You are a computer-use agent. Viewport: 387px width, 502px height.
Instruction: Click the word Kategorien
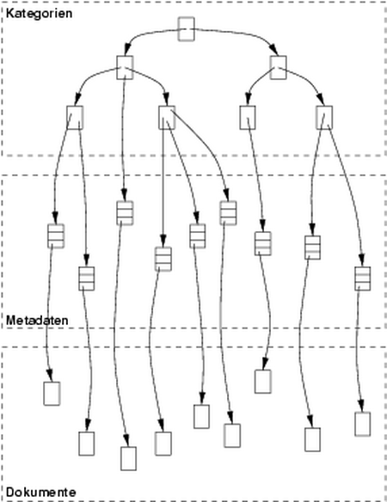coord(39,14)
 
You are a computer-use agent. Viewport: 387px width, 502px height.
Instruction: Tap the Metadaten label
coord(37,321)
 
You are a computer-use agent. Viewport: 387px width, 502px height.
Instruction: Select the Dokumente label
coord(41,492)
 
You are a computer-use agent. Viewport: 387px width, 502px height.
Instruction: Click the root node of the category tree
coord(186,29)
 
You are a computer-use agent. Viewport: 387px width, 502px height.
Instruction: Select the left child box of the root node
coord(125,68)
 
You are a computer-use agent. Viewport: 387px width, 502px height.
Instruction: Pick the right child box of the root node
coord(278,68)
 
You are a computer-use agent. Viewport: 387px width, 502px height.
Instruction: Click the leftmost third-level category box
coord(75,118)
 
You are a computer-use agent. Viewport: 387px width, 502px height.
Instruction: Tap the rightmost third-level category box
coord(324,118)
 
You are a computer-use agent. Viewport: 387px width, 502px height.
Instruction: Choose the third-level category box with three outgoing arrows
coord(167,118)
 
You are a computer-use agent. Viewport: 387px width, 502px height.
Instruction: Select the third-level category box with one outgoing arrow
coord(248,118)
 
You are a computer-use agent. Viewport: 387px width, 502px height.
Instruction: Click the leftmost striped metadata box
coord(56,236)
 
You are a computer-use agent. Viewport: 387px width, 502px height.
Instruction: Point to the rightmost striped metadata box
coord(363,279)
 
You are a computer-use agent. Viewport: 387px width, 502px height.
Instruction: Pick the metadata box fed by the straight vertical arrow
coord(163,259)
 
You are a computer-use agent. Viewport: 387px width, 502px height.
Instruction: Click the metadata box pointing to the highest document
coord(263,243)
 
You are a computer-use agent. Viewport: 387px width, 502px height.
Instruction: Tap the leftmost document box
coord(52,394)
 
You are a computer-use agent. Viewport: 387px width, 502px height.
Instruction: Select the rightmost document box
coord(363,424)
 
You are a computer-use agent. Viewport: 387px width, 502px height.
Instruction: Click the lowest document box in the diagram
coord(128,459)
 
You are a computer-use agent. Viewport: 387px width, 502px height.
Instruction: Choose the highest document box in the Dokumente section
coord(263,382)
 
